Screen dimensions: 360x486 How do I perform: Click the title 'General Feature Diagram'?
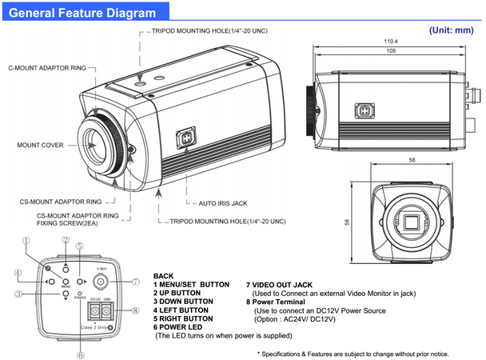pyautogui.click(x=82, y=13)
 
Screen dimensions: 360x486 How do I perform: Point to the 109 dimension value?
pyautogui.click(x=392, y=50)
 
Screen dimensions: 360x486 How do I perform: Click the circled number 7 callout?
pyautogui.click(x=136, y=282)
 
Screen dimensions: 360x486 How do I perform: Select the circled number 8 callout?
pyautogui.click(x=136, y=310)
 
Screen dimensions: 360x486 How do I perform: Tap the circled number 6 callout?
pyautogui.click(x=82, y=354)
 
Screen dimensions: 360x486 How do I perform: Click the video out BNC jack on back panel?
pyautogui.click(x=101, y=282)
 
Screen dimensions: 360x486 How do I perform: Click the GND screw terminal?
pyautogui.click(x=106, y=312)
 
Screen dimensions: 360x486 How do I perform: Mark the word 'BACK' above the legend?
pyautogui.click(x=164, y=274)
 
